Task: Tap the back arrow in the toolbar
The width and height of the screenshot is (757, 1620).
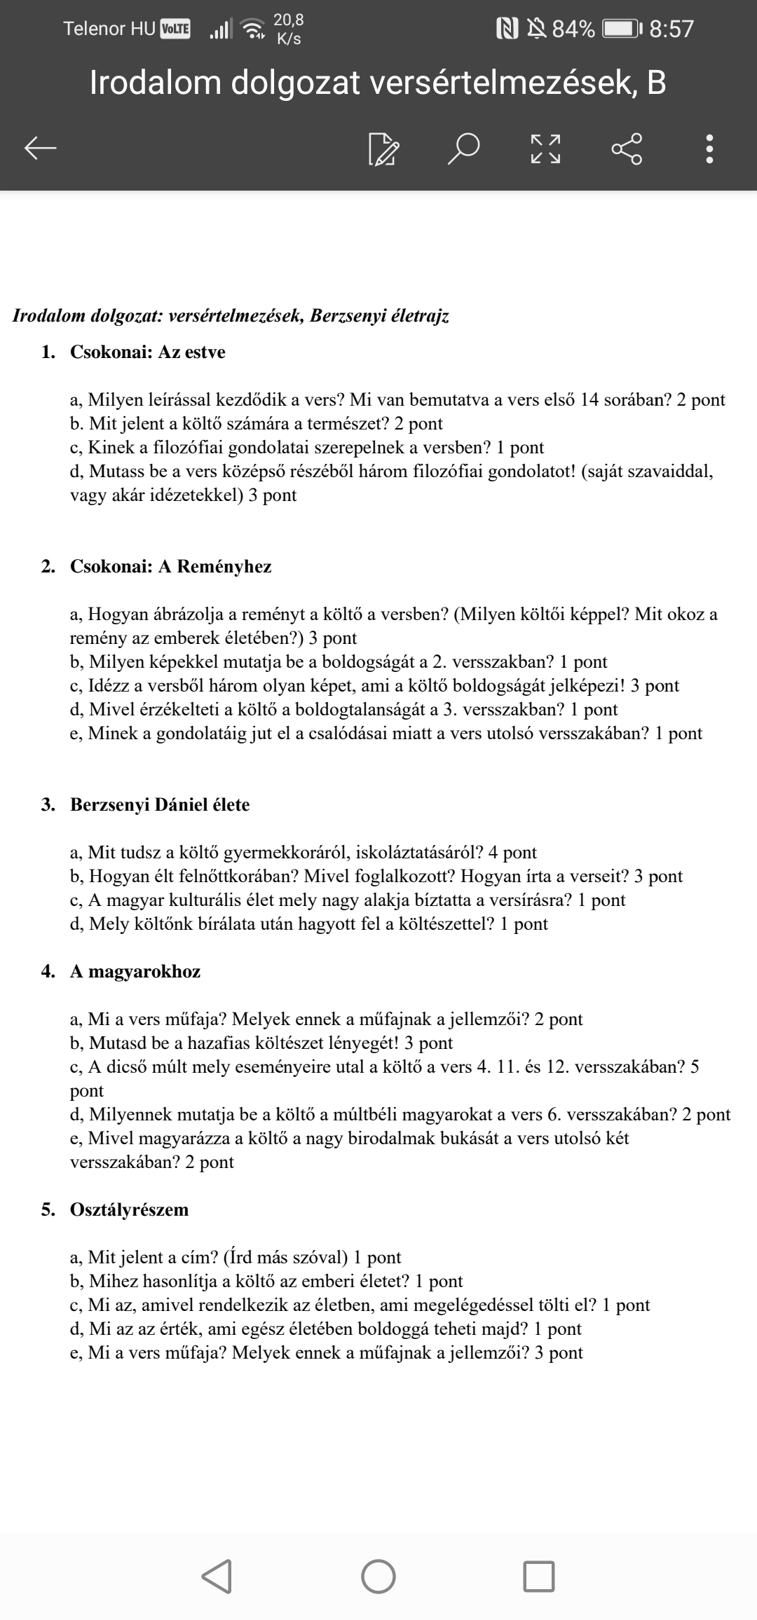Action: [41, 148]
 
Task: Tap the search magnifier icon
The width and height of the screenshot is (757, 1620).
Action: [464, 148]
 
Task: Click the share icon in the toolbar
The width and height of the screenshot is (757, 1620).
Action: [626, 148]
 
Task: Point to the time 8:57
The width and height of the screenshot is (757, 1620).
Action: [671, 29]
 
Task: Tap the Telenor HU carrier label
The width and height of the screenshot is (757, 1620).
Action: [109, 29]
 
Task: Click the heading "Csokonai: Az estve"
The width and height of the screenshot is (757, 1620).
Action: [148, 352]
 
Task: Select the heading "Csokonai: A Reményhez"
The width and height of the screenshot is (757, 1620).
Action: [170, 566]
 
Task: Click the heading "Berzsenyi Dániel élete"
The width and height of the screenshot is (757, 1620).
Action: [160, 804]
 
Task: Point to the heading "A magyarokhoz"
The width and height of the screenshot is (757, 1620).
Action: [135, 971]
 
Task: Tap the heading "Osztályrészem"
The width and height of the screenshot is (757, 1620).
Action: [130, 1209]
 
